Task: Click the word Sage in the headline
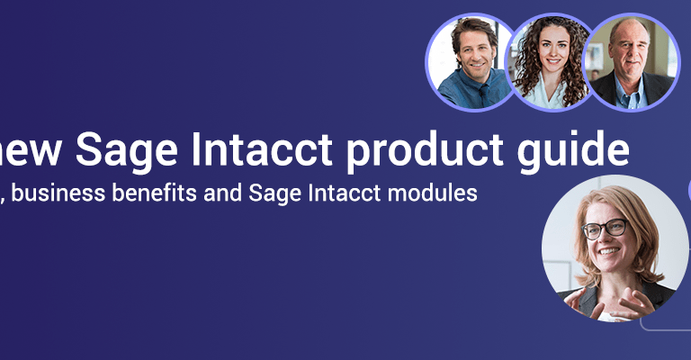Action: point(127,150)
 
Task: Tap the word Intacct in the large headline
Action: point(261,148)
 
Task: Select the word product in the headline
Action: point(425,150)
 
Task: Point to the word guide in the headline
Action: point(573,150)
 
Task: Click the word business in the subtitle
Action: point(58,193)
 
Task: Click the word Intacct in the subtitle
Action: point(345,193)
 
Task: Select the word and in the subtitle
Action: point(222,193)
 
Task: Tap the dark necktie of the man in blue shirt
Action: point(484,95)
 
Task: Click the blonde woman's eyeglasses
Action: point(605,229)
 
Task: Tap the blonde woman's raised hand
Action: point(633,302)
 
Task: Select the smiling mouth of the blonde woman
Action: point(609,251)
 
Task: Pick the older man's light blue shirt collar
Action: point(630,94)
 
